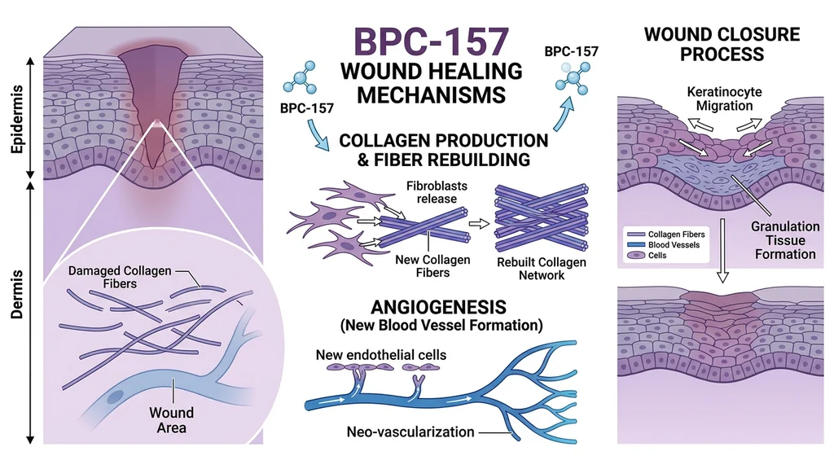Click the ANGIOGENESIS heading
438,309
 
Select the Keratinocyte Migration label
724,99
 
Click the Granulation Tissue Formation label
784,240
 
